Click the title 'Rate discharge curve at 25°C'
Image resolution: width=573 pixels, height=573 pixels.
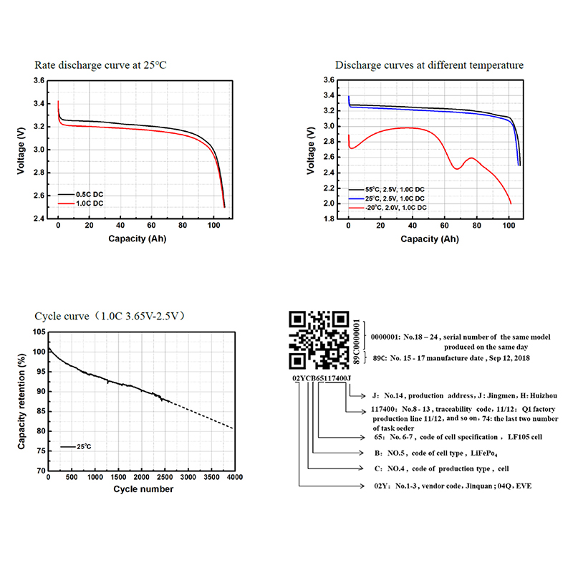(101, 65)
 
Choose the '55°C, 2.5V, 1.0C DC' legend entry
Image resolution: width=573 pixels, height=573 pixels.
(390, 189)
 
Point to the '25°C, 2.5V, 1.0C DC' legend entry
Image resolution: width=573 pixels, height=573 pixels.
(390, 198)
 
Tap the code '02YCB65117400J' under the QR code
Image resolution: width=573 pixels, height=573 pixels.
(322, 377)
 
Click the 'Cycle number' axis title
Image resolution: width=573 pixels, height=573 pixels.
(143, 489)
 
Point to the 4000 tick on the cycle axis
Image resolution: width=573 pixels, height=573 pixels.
(234, 477)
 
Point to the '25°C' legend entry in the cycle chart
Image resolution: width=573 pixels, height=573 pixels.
(84, 446)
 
